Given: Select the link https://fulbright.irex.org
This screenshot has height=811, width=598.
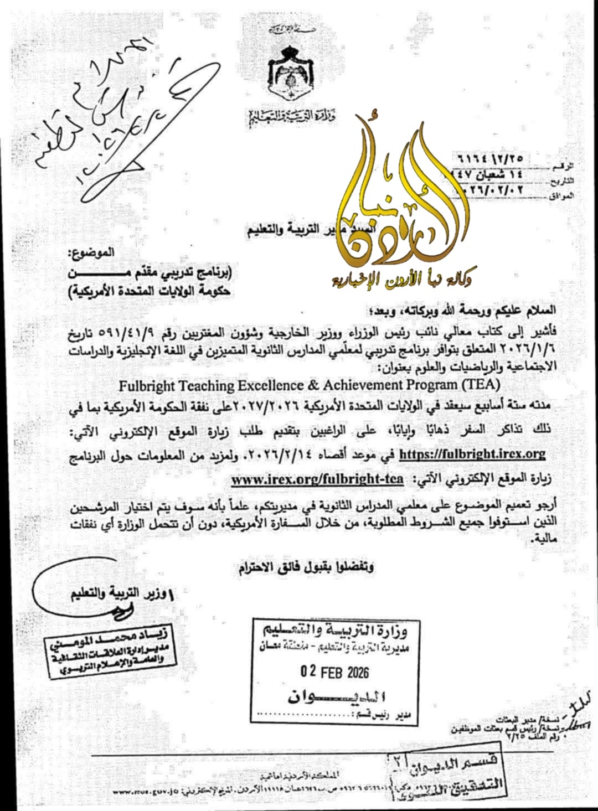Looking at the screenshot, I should pyautogui.click(x=472, y=454).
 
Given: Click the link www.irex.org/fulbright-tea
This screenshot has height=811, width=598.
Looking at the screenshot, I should pyautogui.click(x=317, y=479).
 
